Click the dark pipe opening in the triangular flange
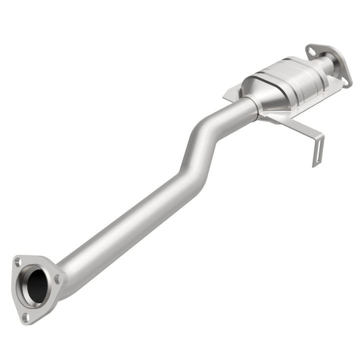[x=37, y=285]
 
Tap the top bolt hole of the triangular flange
[x=17, y=261]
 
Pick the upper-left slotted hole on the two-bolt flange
[x=311, y=50]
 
